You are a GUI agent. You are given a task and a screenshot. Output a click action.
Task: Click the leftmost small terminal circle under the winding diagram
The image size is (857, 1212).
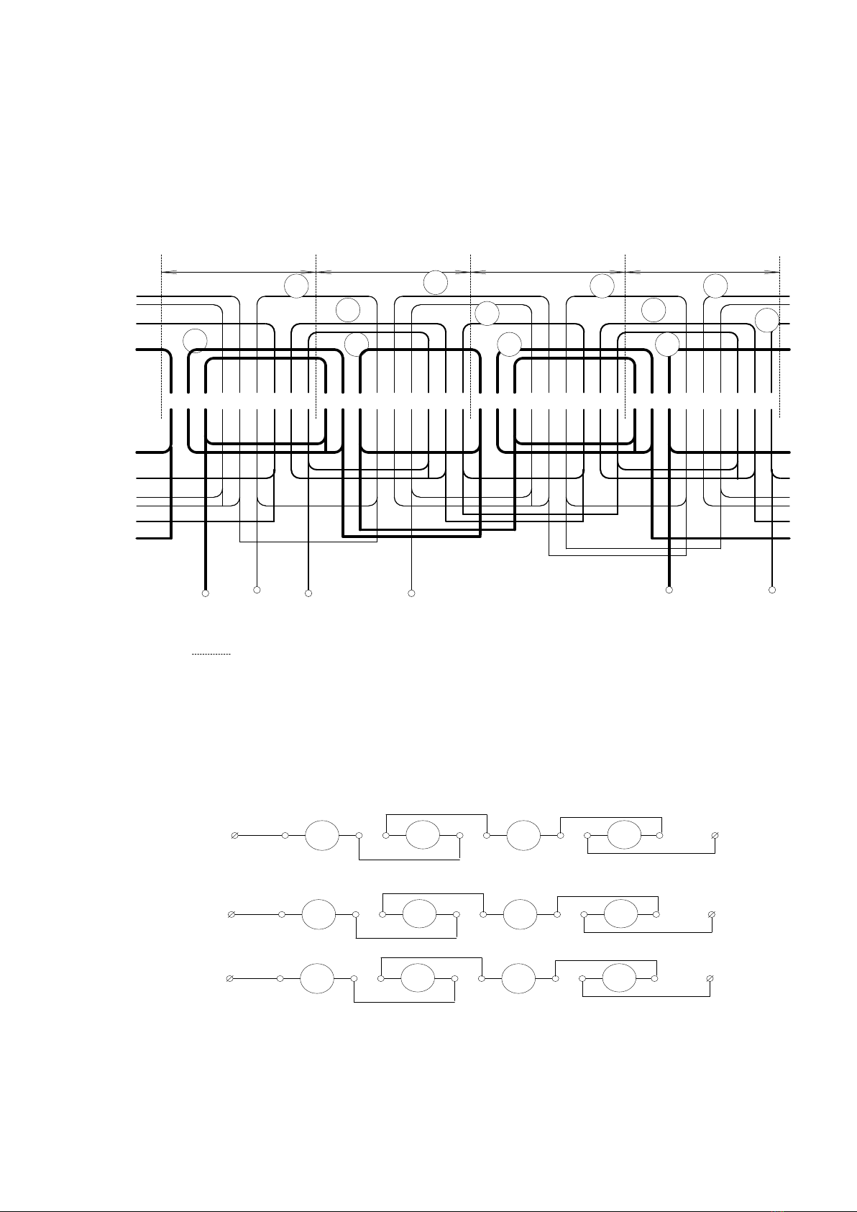point(205,593)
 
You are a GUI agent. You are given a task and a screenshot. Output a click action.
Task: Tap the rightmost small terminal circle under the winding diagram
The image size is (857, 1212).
point(772,590)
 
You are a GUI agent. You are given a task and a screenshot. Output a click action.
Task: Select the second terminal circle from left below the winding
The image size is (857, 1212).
point(257,590)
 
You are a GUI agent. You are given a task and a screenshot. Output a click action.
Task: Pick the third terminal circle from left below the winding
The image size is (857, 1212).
point(308,593)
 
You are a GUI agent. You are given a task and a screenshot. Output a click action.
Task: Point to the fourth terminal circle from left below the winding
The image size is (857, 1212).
point(411,593)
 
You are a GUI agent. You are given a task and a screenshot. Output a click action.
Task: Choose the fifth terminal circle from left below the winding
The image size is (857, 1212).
point(669,590)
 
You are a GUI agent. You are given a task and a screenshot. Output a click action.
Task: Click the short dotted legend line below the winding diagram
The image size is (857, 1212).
point(211,654)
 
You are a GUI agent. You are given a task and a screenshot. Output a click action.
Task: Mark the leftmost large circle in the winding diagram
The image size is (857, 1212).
point(195,341)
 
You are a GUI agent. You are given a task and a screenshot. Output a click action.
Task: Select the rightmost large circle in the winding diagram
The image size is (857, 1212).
point(767,319)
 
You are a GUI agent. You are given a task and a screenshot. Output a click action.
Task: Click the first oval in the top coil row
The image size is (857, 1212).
point(321,835)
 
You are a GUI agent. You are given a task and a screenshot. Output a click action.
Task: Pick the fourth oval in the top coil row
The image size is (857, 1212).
point(624,835)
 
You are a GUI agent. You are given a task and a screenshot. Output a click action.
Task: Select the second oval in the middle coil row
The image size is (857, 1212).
point(419,914)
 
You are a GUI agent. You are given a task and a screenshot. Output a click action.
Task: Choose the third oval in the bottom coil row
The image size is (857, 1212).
point(518,979)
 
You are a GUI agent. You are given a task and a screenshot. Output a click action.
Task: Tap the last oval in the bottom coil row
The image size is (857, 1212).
point(618,979)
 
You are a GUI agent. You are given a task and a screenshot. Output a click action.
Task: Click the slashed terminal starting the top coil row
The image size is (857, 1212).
point(234,835)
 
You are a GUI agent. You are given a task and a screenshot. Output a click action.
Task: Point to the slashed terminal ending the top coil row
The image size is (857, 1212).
point(715,835)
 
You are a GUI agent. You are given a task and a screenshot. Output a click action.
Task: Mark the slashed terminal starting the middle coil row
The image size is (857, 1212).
point(231,914)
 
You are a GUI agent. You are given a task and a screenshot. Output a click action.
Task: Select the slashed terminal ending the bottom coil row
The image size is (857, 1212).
point(710,979)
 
